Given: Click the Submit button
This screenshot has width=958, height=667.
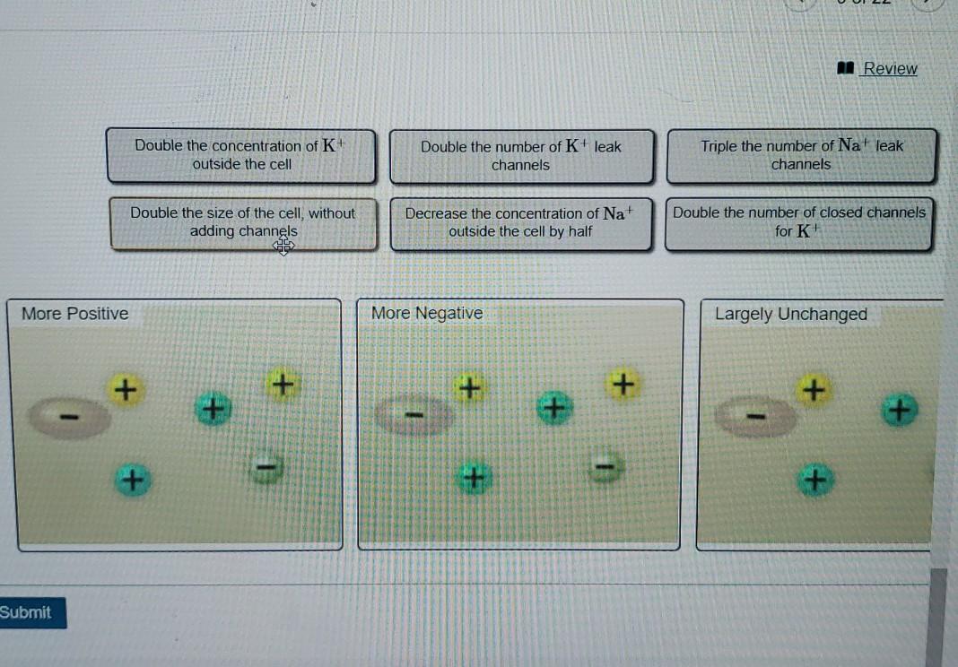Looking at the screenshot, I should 27,612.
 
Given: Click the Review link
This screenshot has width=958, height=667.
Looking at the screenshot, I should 889,69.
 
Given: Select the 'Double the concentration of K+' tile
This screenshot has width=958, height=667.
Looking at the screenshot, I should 241,155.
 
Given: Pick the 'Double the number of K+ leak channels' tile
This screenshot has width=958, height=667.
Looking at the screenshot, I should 521,156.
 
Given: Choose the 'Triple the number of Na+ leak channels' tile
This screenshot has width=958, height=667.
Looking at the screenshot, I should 801,155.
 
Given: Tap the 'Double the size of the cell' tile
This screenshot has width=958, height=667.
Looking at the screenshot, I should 243,222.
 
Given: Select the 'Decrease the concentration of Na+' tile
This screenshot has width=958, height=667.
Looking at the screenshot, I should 520,222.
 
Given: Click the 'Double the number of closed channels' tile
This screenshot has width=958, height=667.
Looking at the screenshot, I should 798,221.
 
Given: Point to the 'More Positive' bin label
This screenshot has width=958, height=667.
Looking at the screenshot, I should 75,314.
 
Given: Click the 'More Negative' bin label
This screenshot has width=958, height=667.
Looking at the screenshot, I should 427,314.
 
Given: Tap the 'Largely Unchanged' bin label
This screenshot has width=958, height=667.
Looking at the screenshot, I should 791,315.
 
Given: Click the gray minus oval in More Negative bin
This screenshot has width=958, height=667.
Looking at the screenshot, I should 414,415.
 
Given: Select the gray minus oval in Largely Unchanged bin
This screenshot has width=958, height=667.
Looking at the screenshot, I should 756,417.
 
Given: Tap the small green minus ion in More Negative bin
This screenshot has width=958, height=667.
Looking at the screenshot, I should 605,466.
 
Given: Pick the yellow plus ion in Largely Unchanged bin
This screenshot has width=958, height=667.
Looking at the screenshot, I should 813,391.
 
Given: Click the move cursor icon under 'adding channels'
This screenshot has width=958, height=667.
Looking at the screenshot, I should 284,246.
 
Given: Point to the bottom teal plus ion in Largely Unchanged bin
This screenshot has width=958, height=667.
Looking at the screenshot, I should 814,481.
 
